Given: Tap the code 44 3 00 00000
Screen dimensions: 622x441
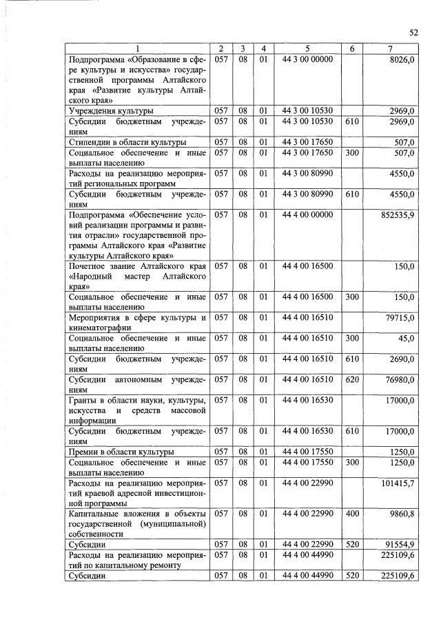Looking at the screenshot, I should [x=307, y=60].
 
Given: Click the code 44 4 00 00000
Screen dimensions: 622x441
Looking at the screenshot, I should [x=307, y=215].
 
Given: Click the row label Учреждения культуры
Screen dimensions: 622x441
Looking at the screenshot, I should [x=111, y=110].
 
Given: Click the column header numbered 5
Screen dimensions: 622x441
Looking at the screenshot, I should [x=307, y=48].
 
